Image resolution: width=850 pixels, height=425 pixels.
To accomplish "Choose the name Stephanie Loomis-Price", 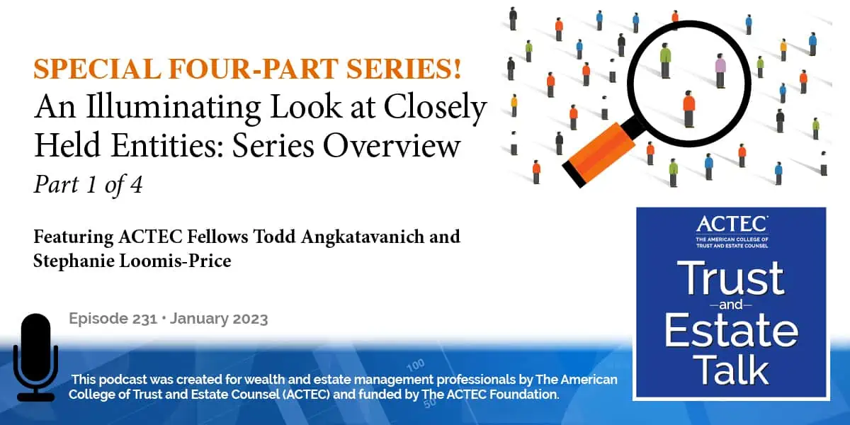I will (x=132, y=260).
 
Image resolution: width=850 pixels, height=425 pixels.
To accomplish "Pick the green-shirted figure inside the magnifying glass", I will (x=665, y=61).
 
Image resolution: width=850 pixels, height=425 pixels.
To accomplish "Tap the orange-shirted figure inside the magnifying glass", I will (x=688, y=108).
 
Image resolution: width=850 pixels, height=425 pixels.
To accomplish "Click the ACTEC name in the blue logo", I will (x=731, y=225).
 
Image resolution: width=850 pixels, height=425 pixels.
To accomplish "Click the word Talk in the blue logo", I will (x=731, y=370).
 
